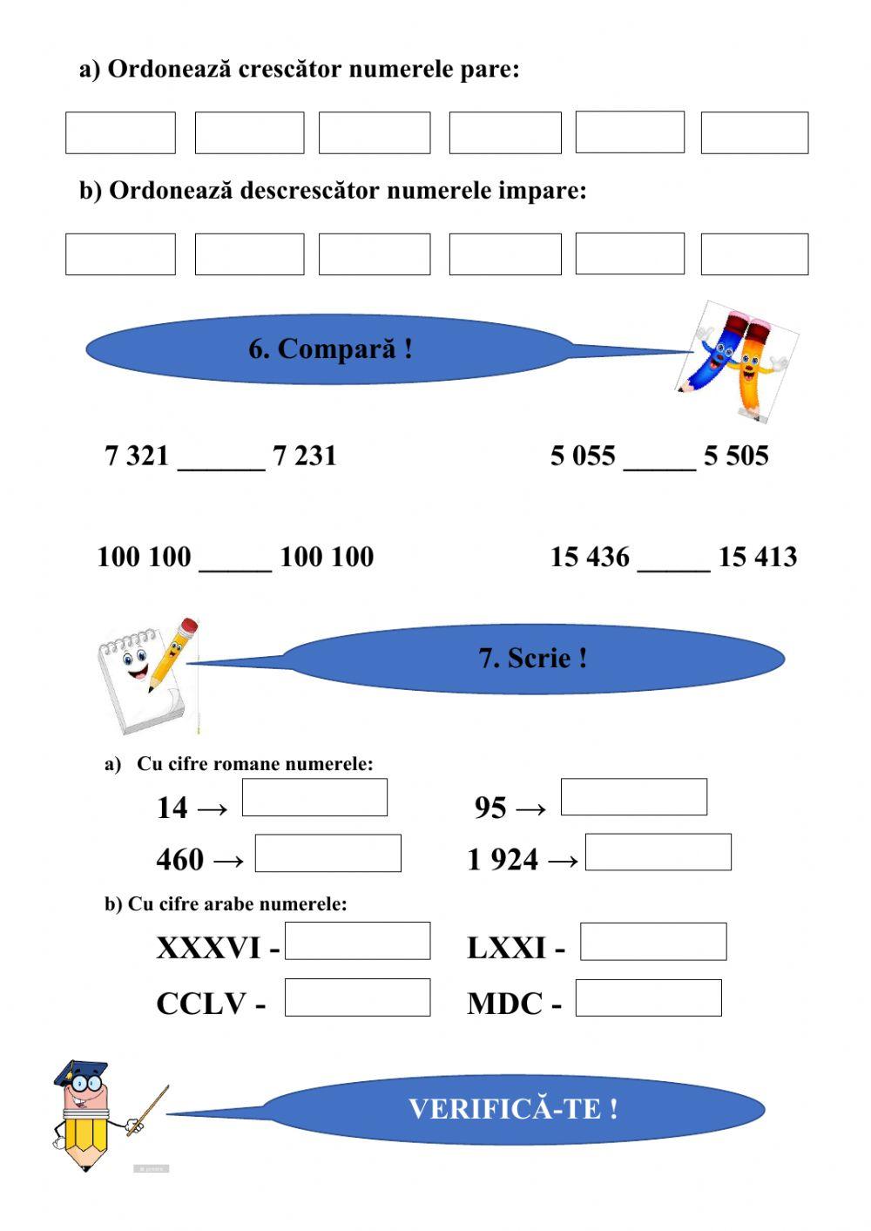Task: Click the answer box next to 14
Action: click(314, 797)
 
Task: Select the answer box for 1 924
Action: click(658, 852)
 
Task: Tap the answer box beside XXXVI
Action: click(357, 941)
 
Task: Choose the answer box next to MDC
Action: click(648, 998)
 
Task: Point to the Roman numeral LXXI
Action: click(506, 948)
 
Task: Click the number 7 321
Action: click(136, 456)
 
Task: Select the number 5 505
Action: click(736, 456)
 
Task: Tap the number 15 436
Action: click(589, 557)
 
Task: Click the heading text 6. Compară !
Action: click(330, 349)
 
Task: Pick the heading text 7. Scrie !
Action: click(532, 658)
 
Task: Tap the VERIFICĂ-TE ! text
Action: click(513, 1109)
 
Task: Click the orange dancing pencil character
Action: click(755, 366)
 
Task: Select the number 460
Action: click(179, 860)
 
